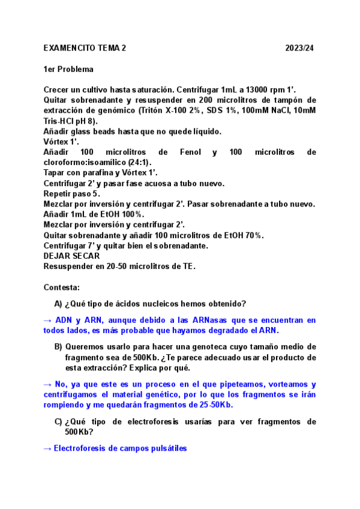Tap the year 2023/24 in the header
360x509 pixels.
tap(299, 48)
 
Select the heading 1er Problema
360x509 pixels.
tap(68, 69)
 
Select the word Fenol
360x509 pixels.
tap(190, 152)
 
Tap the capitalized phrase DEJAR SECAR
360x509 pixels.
tap(72, 256)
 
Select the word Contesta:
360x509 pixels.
tap(62, 288)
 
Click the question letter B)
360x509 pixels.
tap(58, 347)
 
